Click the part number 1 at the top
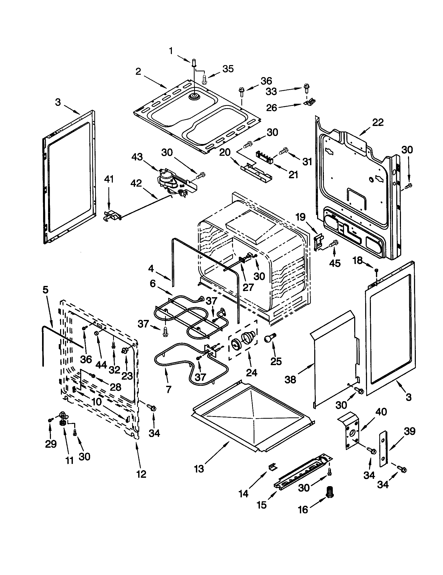click(x=171, y=50)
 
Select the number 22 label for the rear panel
click(x=378, y=122)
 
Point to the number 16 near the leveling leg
click(x=303, y=510)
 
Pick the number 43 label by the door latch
click(x=137, y=157)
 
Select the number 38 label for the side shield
click(x=290, y=379)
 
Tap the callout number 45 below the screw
click(x=335, y=263)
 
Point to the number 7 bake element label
click(x=168, y=389)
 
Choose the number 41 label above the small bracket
click(x=109, y=179)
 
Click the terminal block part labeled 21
click(x=266, y=156)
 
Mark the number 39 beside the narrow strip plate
click(x=410, y=431)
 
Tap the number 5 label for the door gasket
click(x=45, y=290)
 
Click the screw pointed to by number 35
click(x=204, y=79)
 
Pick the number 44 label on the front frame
click(x=101, y=365)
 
